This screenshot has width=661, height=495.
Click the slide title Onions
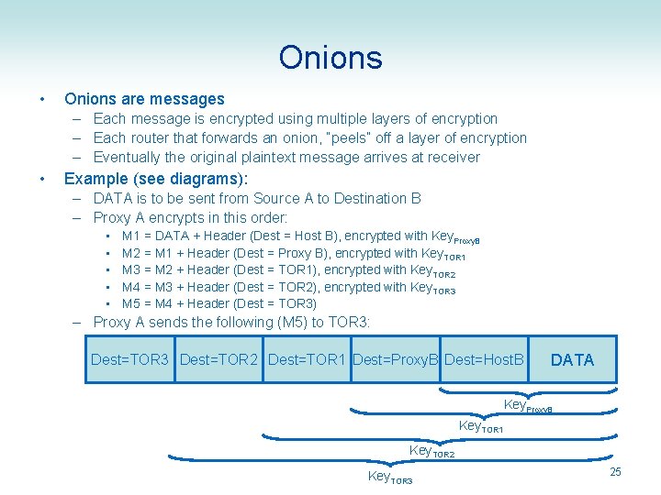(x=330, y=58)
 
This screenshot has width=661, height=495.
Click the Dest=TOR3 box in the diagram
(x=129, y=359)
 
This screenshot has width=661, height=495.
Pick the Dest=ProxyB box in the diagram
(x=396, y=359)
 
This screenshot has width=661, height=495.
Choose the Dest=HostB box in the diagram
(x=484, y=359)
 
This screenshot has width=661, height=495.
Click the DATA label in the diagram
(x=572, y=360)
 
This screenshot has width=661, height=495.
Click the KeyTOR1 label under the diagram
(x=480, y=427)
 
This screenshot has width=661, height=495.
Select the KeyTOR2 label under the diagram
(x=432, y=451)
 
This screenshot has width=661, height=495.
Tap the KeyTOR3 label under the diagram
(x=390, y=477)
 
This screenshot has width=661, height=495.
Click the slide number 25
(x=615, y=471)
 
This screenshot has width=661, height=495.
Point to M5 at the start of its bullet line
(x=131, y=303)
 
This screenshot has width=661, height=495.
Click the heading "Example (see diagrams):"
(x=156, y=178)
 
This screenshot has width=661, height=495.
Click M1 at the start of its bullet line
(x=131, y=236)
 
